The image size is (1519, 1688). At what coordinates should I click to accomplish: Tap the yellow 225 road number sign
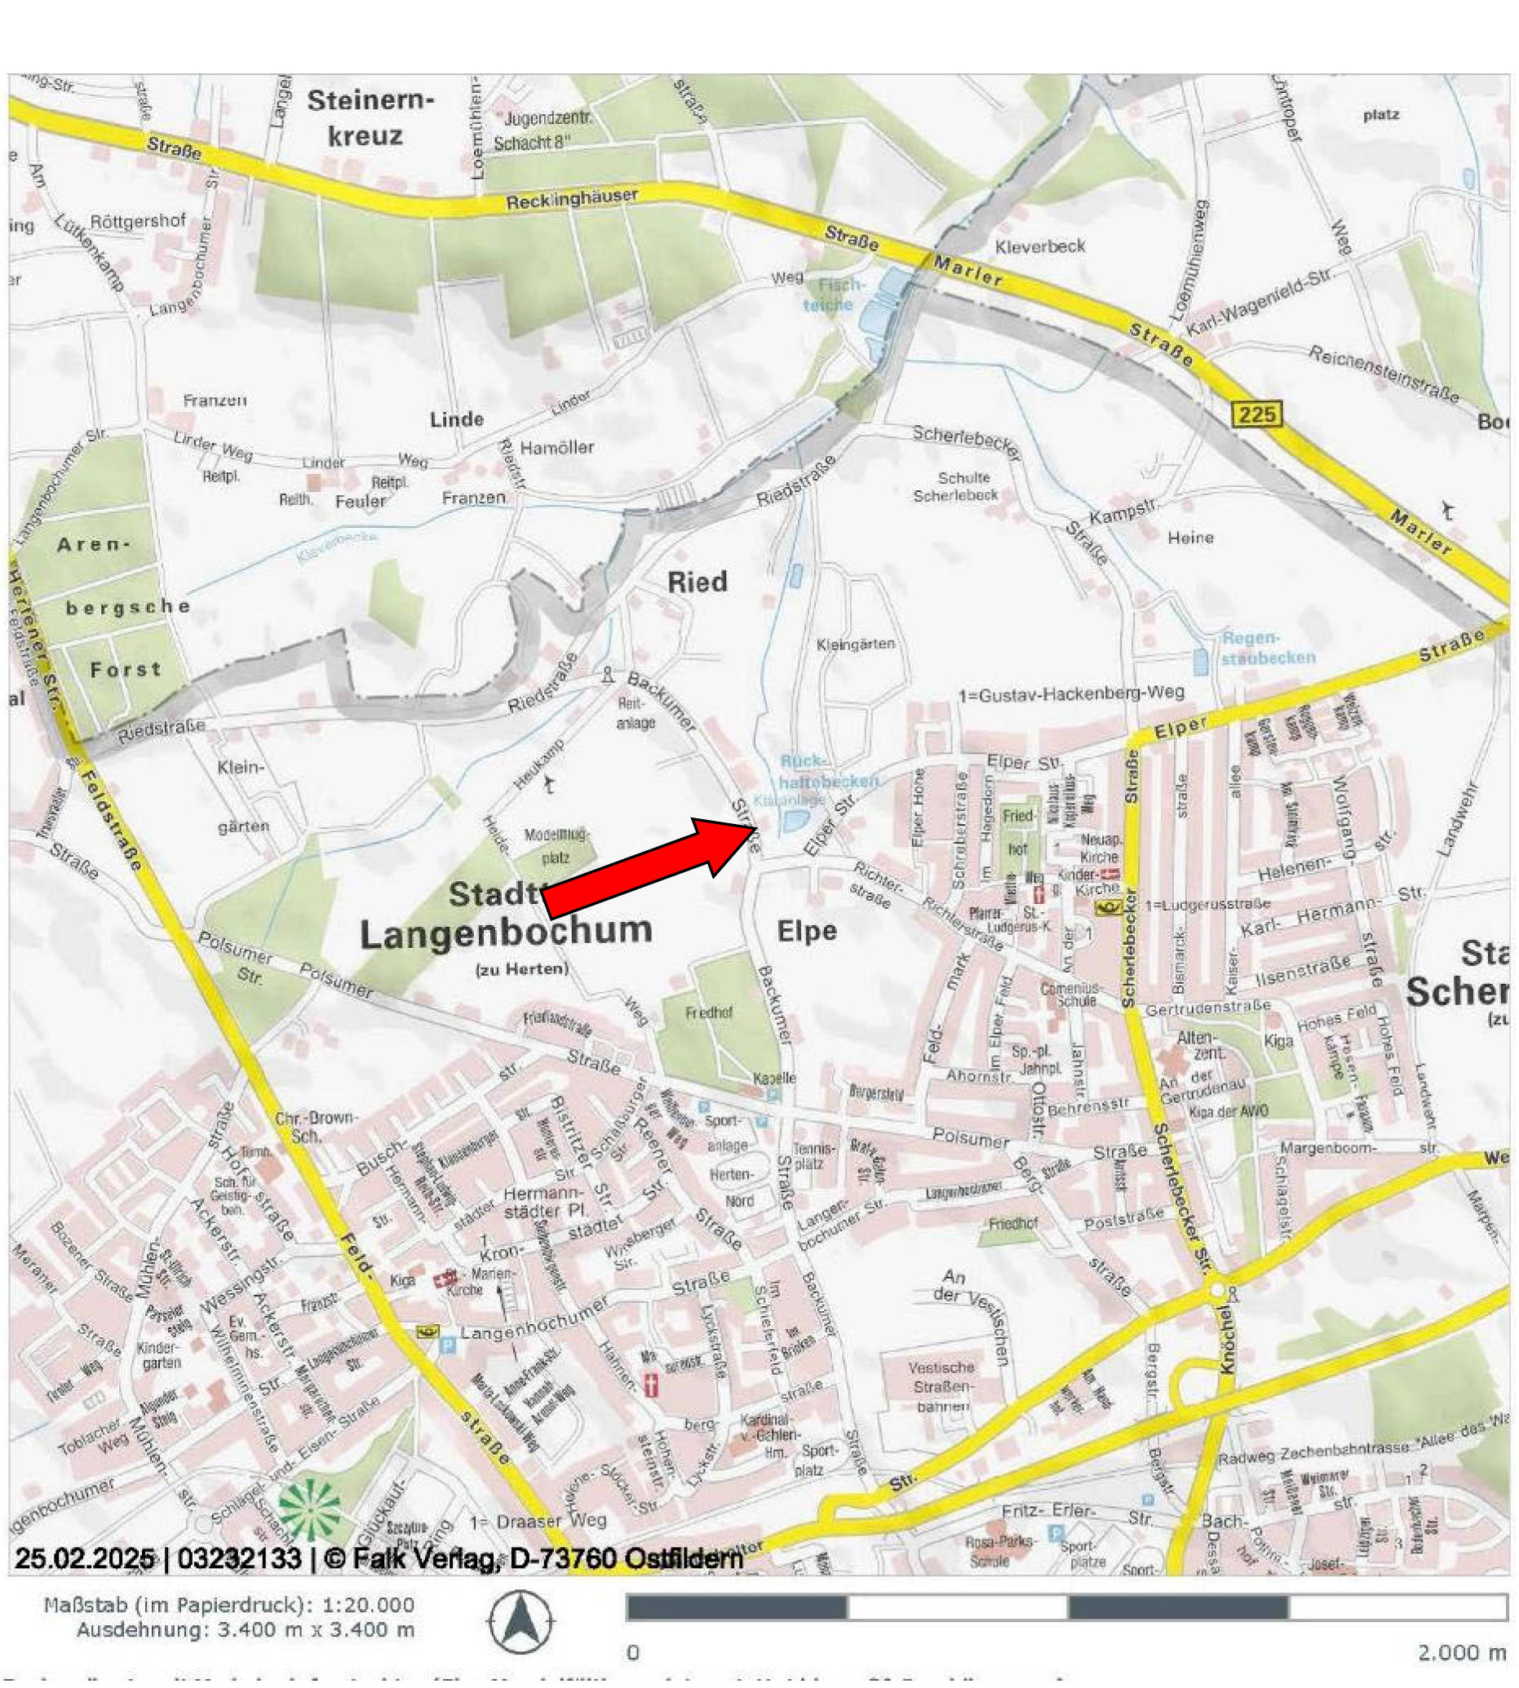click(1257, 414)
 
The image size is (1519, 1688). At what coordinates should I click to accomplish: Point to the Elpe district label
click(806, 931)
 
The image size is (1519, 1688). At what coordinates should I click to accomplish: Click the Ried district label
click(697, 581)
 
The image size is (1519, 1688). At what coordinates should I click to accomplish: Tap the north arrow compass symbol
click(520, 1621)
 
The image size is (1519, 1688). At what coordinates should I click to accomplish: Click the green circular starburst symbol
click(311, 1509)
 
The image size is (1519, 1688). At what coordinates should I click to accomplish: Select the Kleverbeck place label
click(1040, 246)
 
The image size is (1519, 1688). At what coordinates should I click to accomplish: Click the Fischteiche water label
click(831, 295)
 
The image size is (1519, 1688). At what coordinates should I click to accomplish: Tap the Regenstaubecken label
click(1267, 648)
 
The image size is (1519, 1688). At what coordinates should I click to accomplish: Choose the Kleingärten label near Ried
click(856, 644)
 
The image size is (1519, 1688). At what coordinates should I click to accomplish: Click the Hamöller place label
click(556, 447)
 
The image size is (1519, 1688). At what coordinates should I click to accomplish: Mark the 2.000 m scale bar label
click(1460, 1652)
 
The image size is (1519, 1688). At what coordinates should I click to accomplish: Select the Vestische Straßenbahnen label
click(941, 1387)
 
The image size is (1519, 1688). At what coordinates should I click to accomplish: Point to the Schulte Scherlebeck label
click(954, 486)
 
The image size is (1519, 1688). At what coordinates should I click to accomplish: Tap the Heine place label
click(1190, 538)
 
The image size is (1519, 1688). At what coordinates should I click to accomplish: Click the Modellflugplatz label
click(556, 846)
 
